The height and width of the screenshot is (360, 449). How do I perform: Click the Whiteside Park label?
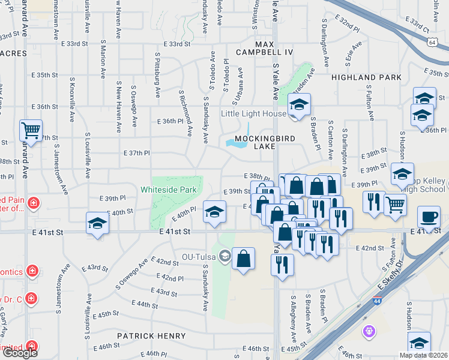pyautogui.click(x=169, y=190)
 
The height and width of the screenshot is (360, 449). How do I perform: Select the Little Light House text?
pyautogui.click(x=253, y=113)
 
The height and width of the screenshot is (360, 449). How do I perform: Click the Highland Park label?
pyautogui.click(x=366, y=77)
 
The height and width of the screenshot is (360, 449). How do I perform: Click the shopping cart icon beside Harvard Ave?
pyautogui.click(x=31, y=129)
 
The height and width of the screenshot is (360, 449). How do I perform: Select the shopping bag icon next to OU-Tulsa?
pyautogui.click(x=243, y=259)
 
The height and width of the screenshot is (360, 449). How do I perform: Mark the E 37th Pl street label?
pyautogui.click(x=136, y=153)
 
